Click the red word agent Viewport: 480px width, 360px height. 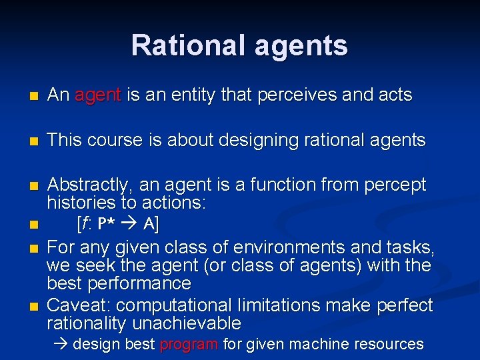98,96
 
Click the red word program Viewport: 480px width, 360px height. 189,345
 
